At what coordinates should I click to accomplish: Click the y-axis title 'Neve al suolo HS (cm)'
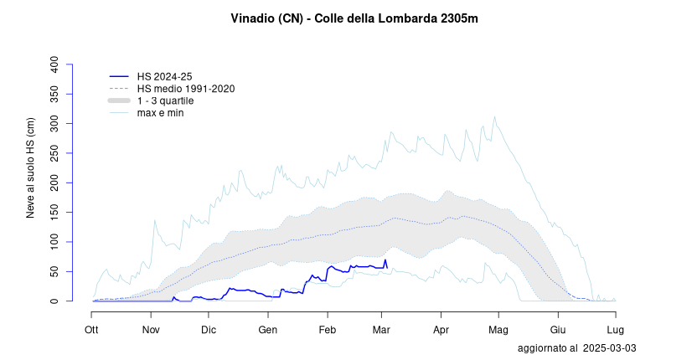point(31,167)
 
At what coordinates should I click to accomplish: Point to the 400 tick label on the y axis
point(55,64)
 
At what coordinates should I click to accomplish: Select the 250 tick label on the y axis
point(55,153)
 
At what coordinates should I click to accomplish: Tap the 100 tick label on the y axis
point(55,242)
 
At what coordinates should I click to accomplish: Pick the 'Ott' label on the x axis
point(91,329)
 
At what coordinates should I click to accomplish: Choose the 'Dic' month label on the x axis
point(209,329)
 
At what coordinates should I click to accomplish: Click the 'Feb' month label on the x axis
point(328,329)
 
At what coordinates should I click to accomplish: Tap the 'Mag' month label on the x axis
point(498,329)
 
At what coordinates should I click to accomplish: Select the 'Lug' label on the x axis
point(616,329)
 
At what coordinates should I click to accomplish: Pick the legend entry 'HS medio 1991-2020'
point(186,88)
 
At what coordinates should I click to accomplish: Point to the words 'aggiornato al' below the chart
point(547,347)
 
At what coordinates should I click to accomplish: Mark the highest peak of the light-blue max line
point(494,116)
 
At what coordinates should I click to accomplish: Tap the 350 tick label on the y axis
point(55,94)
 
